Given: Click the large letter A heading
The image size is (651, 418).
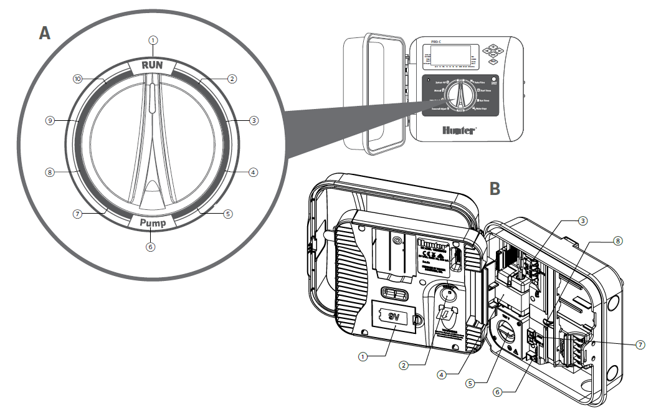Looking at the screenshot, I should click(x=44, y=32).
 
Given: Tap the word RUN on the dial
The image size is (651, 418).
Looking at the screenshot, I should click(x=153, y=64).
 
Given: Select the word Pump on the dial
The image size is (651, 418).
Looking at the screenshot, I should click(x=151, y=222).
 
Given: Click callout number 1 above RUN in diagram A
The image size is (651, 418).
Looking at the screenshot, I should click(x=153, y=40).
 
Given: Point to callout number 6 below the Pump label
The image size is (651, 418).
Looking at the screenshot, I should click(x=150, y=247).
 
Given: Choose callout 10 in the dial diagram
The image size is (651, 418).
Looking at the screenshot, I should click(x=77, y=79).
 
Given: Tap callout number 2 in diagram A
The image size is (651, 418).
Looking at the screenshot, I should click(x=232, y=79).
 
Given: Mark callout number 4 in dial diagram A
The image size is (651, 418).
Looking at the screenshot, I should click(x=252, y=172).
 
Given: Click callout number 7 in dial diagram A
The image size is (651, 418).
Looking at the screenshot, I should click(x=77, y=213).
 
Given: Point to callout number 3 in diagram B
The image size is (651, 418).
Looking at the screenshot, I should click(x=582, y=220).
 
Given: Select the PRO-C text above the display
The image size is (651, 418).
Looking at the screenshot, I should click(x=440, y=41).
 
